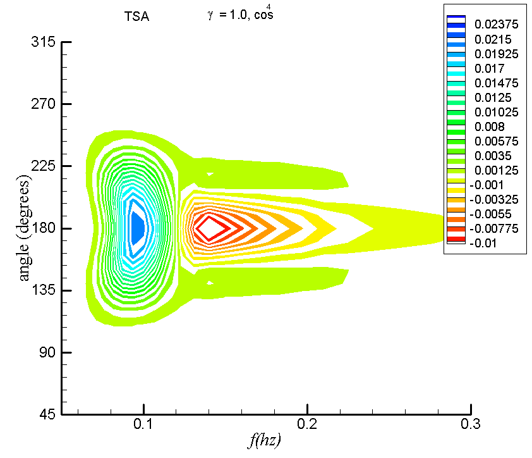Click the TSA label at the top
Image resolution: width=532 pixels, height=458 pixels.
click(x=136, y=16)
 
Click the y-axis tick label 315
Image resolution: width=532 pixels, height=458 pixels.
click(x=43, y=42)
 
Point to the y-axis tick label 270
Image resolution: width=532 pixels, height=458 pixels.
click(x=43, y=104)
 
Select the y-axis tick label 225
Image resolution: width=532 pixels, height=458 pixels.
click(x=43, y=166)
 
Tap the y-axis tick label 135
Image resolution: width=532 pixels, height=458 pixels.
click(x=44, y=290)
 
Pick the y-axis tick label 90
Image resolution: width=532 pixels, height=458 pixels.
click(x=47, y=353)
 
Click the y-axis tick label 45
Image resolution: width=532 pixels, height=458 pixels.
click(x=47, y=414)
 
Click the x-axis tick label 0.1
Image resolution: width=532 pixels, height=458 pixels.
click(x=143, y=424)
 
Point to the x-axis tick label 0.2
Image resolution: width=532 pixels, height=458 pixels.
click(x=307, y=424)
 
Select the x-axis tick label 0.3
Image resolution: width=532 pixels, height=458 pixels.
click(x=471, y=424)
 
